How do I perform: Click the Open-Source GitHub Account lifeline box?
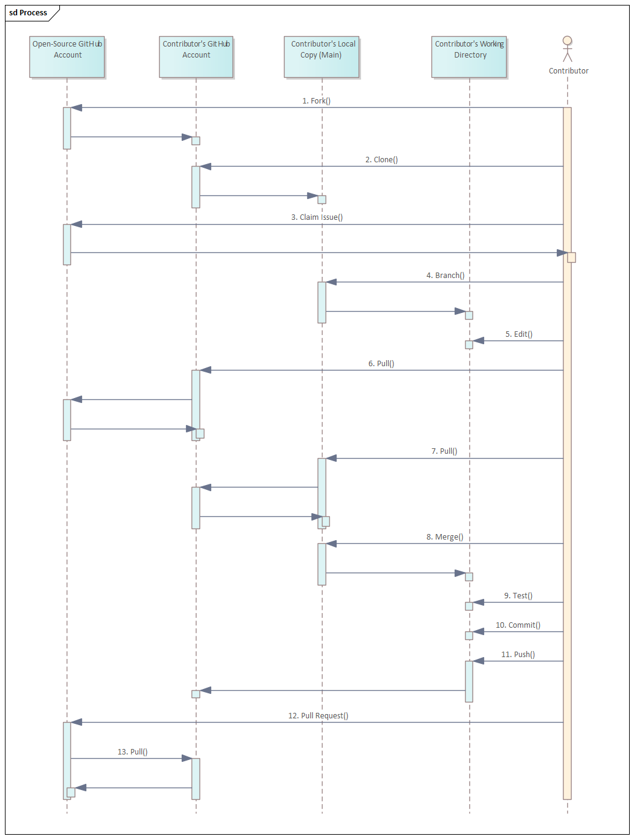67,56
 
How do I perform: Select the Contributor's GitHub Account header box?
196,56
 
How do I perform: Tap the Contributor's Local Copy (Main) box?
321,56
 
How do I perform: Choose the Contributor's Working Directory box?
469,56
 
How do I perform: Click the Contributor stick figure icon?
567,49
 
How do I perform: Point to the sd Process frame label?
28,13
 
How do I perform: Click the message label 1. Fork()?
316,100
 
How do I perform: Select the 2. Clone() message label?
381,159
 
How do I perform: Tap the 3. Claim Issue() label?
317,217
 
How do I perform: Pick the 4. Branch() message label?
445,275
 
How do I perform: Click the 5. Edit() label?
518,334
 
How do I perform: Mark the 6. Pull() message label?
381,363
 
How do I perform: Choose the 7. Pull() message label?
444,451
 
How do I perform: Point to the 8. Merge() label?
445,536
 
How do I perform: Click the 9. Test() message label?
518,595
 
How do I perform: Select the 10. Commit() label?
518,625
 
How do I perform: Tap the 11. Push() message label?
518,654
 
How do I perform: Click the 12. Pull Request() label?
318,715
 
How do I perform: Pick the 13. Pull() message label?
132,751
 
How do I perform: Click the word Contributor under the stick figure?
569,71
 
